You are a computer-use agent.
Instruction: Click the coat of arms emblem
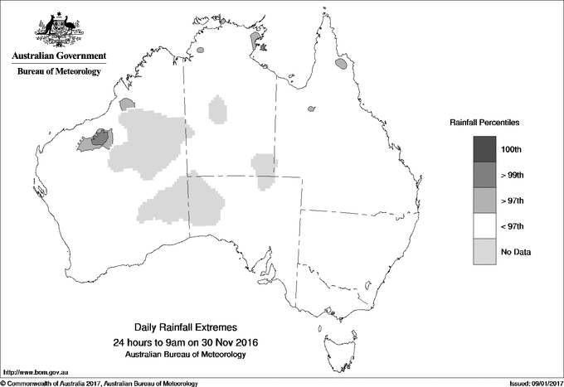pos(58,30)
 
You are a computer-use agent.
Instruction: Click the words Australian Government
pos(58,56)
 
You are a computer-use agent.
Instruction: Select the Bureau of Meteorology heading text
pos(58,72)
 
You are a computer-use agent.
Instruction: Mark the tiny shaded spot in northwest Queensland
pos(312,108)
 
